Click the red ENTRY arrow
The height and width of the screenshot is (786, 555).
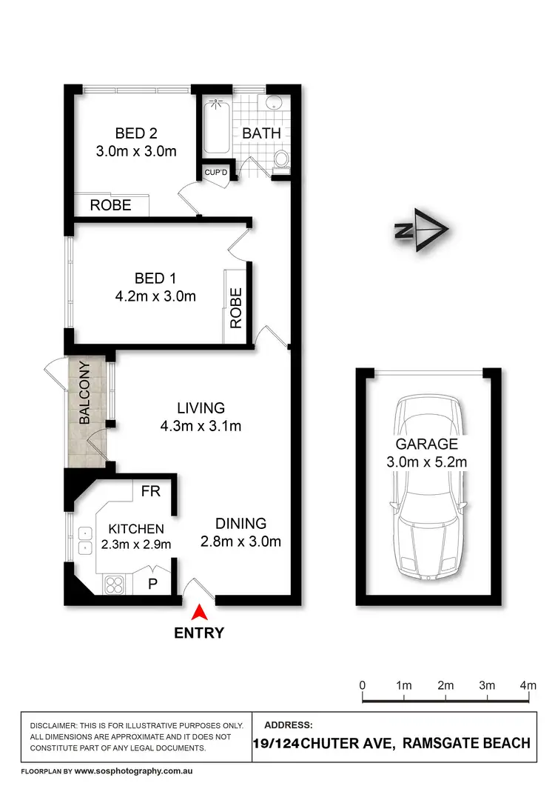pos(199,613)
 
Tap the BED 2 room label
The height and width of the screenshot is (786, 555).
pos(136,134)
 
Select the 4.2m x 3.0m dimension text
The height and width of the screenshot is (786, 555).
pos(155,297)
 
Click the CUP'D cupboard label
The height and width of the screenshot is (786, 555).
pos(219,173)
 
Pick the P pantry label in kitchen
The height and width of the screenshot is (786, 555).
pos(153,583)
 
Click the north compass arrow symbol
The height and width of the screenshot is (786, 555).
pos(420,231)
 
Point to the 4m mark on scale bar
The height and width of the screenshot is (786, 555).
pos(528,686)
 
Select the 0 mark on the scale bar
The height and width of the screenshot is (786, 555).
pos(363,686)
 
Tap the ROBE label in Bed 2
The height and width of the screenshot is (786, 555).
pos(110,205)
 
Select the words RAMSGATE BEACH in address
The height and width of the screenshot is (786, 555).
pos(463,743)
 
